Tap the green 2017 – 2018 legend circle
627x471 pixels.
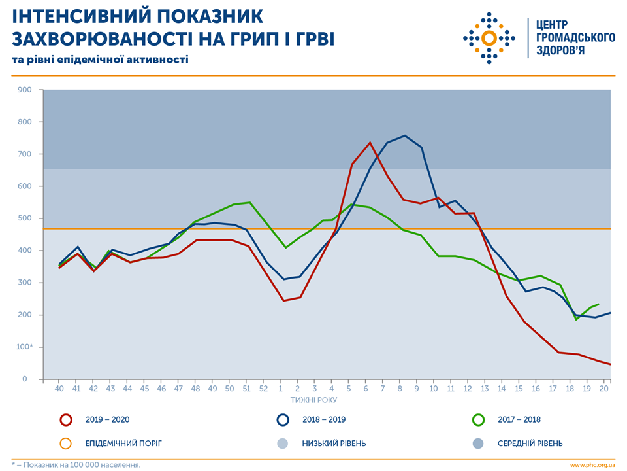(478, 420)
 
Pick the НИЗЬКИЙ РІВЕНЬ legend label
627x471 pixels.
(334, 444)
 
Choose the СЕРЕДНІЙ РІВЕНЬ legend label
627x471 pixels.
(530, 444)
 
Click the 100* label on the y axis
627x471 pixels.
(24, 347)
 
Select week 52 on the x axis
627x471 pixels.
(264, 389)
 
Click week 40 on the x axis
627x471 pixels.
(59, 389)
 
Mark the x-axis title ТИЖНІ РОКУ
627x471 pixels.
(315, 399)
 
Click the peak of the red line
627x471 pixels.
(370, 143)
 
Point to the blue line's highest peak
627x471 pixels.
(405, 135)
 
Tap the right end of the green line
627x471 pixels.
(598, 304)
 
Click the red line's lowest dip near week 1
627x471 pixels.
(283, 301)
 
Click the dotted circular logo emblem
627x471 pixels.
(489, 37)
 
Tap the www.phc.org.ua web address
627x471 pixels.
(592, 465)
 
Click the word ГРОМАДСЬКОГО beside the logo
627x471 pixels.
(575, 37)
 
